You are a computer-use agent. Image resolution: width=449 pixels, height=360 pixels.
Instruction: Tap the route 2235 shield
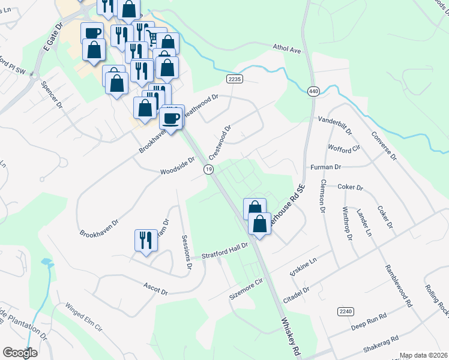(x=234, y=79)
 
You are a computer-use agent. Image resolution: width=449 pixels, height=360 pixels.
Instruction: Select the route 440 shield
(x=313, y=91)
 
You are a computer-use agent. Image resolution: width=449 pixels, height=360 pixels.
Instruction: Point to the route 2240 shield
(x=345, y=311)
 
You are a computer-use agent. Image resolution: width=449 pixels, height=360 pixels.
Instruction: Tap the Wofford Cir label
(x=343, y=148)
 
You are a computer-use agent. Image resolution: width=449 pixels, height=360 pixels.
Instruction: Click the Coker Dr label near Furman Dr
(x=351, y=187)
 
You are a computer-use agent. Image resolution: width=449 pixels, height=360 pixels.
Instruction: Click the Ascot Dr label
(x=155, y=289)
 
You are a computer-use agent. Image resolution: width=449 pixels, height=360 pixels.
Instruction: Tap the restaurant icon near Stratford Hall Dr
(x=145, y=241)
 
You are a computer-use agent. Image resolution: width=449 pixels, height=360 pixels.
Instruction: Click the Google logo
(x=20, y=353)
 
